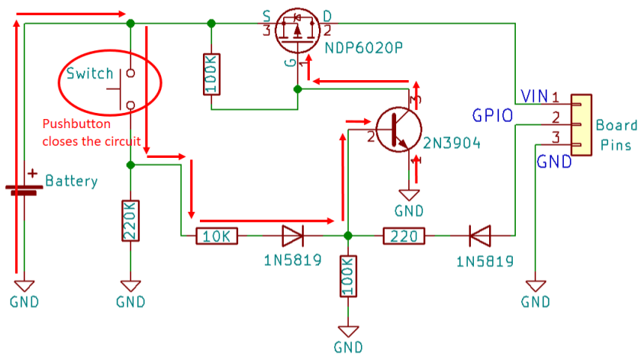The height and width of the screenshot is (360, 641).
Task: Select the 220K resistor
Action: pos(130,221)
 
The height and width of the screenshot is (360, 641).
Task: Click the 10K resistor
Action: pos(217,237)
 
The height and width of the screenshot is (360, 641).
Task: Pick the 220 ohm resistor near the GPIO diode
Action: pos(404,237)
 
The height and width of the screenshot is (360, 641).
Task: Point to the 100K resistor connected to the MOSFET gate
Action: pos(211,74)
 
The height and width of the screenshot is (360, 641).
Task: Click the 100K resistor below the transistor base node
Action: pos(348,278)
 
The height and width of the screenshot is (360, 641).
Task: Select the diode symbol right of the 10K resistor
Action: pos(293,237)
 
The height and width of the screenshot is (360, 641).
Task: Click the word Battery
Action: pos(72,182)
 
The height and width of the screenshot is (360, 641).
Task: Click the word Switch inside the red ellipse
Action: pos(89,74)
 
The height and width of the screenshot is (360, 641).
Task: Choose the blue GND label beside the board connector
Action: pos(554,161)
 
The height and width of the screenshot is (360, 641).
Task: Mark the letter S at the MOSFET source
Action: pos(266,15)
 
